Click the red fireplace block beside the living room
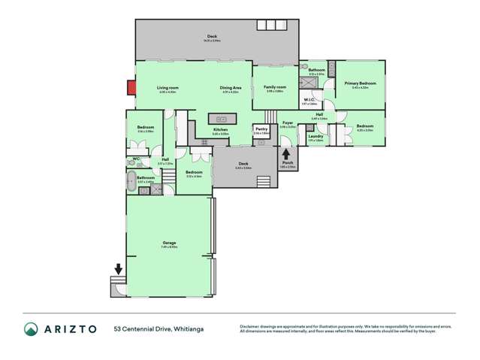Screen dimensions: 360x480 (x=131, y=88)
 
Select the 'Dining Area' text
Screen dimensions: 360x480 (x=230, y=88)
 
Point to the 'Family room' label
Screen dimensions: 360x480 (x=274, y=87)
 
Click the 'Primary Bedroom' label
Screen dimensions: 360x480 (x=360, y=83)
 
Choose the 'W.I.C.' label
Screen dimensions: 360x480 (x=309, y=99)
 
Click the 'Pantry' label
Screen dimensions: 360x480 (x=261, y=129)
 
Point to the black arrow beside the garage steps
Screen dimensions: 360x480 (x=118, y=269)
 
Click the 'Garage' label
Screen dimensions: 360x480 (x=169, y=243)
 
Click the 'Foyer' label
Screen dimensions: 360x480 (x=287, y=123)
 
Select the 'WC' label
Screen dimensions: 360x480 (x=136, y=159)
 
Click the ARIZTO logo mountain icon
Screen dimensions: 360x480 (x=32, y=329)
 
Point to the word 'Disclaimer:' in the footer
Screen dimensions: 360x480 (x=251, y=326)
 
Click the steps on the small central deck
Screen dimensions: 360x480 (x=264, y=182)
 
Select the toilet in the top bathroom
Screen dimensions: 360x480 (x=304, y=67)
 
